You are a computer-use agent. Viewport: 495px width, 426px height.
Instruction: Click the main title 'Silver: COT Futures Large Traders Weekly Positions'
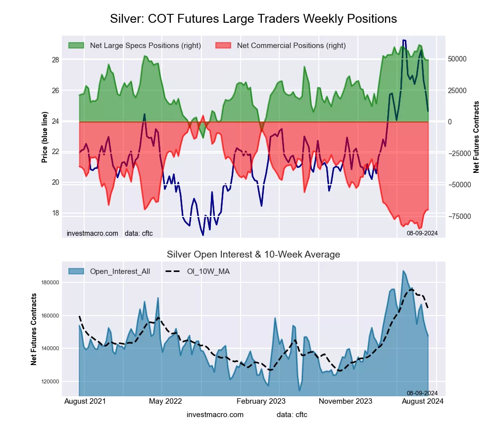[253, 19]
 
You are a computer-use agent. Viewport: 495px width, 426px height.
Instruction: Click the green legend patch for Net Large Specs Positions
[77, 46]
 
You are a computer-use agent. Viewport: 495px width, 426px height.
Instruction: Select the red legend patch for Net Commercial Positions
[224, 46]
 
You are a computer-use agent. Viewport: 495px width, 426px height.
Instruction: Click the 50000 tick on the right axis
[458, 59]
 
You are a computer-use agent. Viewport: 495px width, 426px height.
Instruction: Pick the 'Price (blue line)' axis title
[45, 137]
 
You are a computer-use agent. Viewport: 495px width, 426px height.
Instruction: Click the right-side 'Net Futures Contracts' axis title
[477, 137]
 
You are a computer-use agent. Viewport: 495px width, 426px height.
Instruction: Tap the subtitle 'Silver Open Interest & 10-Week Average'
[253, 255]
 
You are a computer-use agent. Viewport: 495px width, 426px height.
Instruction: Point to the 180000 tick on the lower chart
[49, 283]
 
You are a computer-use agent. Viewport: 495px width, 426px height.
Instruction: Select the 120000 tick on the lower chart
[49, 381]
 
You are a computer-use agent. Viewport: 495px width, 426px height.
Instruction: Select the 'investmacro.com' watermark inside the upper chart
[93, 233]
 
